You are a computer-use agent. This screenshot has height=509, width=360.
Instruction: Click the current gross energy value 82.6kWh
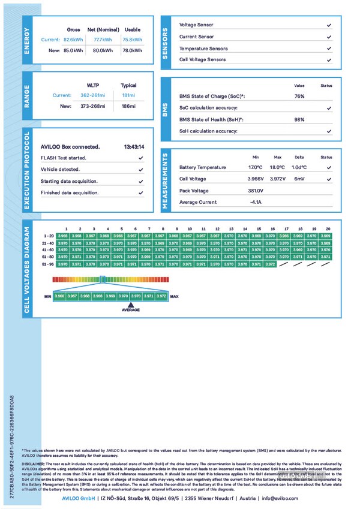(x=73, y=40)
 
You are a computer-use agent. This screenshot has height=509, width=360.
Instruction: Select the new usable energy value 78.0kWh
(x=132, y=51)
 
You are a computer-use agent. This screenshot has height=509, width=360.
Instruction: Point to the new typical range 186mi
(x=128, y=106)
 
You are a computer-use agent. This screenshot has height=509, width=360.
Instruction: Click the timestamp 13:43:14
(x=134, y=146)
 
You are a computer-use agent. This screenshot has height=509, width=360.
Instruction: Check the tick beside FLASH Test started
(x=140, y=158)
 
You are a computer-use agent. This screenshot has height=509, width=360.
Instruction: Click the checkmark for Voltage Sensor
(x=329, y=26)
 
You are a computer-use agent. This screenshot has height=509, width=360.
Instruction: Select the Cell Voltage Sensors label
(x=203, y=60)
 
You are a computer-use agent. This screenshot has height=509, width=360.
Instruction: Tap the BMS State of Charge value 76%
(x=299, y=97)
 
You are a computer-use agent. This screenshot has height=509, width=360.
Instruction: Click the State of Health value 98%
(x=299, y=119)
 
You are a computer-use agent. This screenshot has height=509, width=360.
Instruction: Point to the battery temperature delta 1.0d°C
(x=299, y=167)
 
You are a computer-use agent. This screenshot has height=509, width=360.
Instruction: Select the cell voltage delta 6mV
(x=299, y=179)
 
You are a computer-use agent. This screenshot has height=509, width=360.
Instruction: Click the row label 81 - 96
(x=49, y=264)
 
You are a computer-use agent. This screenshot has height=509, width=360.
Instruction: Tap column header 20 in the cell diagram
(x=328, y=229)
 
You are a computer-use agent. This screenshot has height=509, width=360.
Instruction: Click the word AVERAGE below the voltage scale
(x=131, y=310)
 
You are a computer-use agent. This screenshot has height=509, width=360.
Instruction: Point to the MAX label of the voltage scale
(x=175, y=296)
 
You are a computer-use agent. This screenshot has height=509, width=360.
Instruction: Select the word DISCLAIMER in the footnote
(x=34, y=463)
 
